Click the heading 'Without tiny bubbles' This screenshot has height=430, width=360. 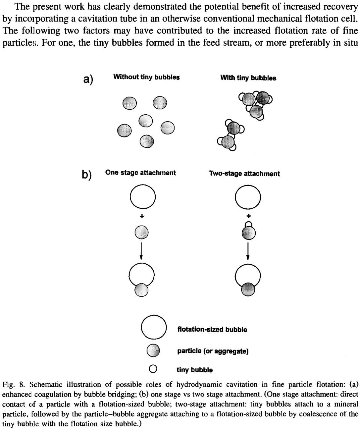pyautogui.click(x=146, y=77)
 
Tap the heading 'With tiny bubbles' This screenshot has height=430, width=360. pyautogui.click(x=248, y=78)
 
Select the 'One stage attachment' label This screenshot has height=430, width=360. pyautogui.click(x=140, y=173)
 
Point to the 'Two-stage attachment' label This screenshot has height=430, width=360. pyautogui.click(x=244, y=173)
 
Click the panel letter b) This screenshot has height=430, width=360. pyautogui.click(x=87, y=174)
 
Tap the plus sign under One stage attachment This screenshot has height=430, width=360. pyautogui.click(x=142, y=216)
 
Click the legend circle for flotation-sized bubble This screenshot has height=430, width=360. pyautogui.click(x=154, y=327)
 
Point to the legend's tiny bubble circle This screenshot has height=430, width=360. pyautogui.click(x=153, y=369)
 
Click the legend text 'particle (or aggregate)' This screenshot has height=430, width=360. pyautogui.click(x=213, y=351)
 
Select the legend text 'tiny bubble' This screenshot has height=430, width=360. pyautogui.click(x=194, y=370)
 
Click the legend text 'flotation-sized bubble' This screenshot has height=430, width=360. pyautogui.click(x=212, y=329)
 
